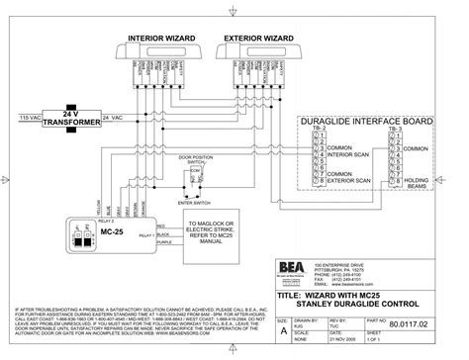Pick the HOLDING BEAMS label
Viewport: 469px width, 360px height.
tap(420, 184)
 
